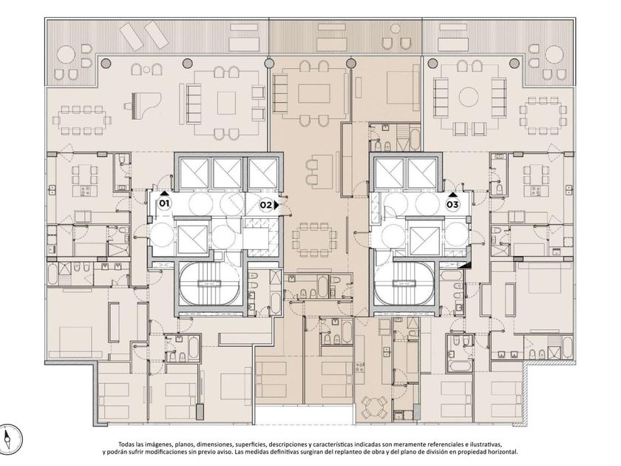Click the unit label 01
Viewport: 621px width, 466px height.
164,204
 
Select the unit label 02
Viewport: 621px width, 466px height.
265,205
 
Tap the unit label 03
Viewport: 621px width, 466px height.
452,204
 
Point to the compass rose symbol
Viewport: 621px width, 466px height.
10,439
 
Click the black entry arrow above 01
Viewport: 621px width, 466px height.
164,193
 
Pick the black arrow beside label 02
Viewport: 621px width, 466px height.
276,206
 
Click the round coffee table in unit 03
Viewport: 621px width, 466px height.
469,96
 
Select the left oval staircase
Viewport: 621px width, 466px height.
208,284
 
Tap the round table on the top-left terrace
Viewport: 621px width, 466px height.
66,55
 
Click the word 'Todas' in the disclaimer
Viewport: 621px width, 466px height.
126,445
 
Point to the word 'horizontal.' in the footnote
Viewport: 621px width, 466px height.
503,452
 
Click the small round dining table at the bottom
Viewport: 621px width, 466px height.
374,408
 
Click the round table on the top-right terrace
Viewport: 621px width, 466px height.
555,55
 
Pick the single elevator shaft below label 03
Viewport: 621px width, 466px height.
424,240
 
